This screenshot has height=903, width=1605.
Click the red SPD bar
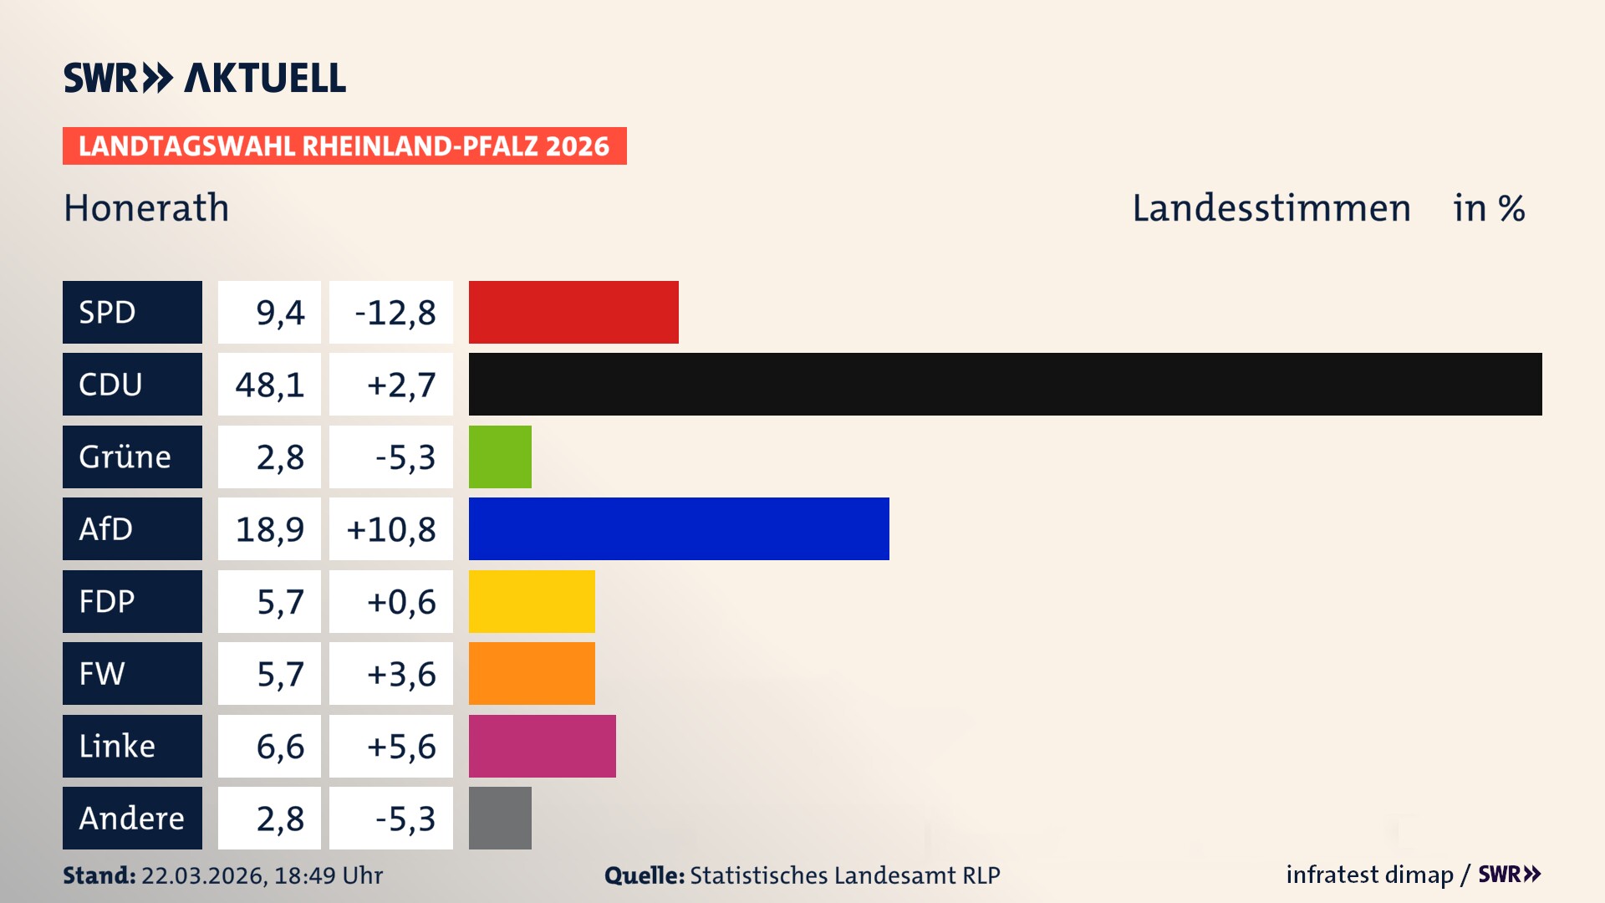(573, 312)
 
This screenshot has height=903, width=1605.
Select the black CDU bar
(1005, 384)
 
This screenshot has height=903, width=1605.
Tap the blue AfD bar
(679, 528)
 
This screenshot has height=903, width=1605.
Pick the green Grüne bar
(500, 457)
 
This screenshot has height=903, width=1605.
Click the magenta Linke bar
(542, 746)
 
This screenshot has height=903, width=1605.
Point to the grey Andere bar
(500, 818)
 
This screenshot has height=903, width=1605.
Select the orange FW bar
(532, 673)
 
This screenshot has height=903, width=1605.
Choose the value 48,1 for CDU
(269, 385)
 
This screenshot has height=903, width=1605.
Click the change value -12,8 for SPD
(395, 313)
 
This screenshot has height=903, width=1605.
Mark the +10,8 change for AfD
(391, 529)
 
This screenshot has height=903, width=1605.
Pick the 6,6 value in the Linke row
(280, 747)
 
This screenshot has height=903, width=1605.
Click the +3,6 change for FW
(401, 674)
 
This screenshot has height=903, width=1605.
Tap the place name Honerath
(146, 207)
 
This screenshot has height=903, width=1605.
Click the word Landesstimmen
(1271, 207)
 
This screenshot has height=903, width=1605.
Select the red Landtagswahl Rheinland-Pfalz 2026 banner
(344, 145)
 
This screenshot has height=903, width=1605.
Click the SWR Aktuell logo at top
(205, 78)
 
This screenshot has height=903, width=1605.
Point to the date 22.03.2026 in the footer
(204, 875)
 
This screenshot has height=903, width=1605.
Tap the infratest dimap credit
(1369, 875)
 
